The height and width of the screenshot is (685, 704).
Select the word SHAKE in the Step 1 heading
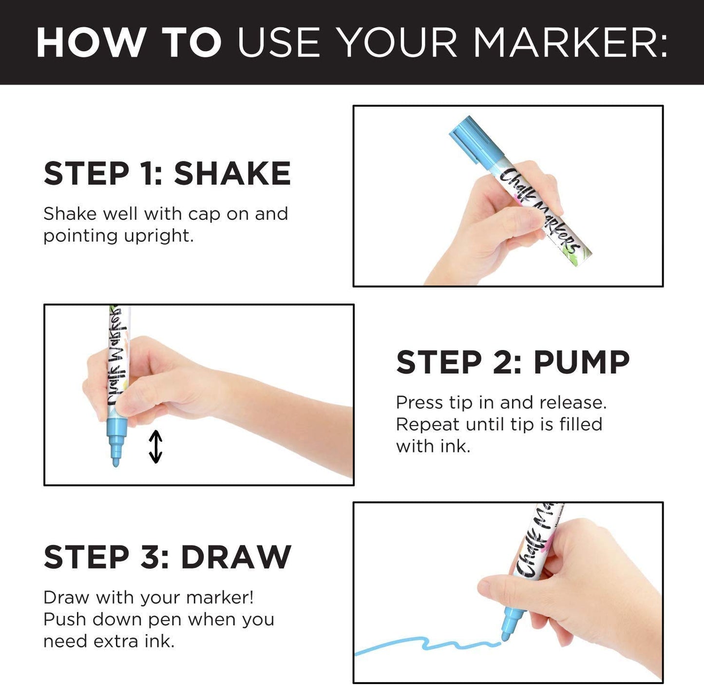[x=232, y=173]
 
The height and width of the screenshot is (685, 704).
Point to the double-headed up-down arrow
[x=155, y=447]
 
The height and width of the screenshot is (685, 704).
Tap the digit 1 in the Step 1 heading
[x=147, y=173]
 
